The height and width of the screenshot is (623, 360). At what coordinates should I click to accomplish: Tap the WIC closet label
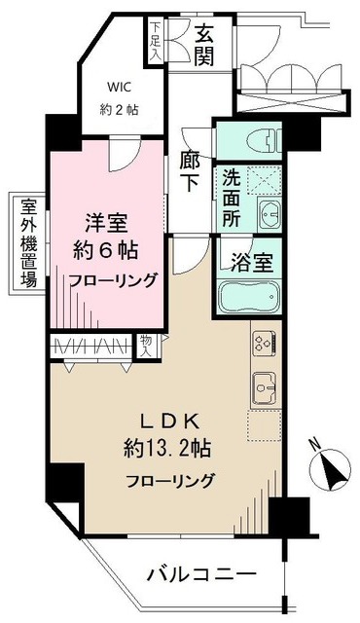[117, 95]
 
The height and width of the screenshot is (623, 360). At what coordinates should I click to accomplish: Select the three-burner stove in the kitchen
[265, 342]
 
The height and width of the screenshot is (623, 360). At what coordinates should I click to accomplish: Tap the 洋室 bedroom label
[98, 219]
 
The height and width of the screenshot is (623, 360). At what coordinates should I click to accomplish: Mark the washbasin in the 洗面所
[268, 212]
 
